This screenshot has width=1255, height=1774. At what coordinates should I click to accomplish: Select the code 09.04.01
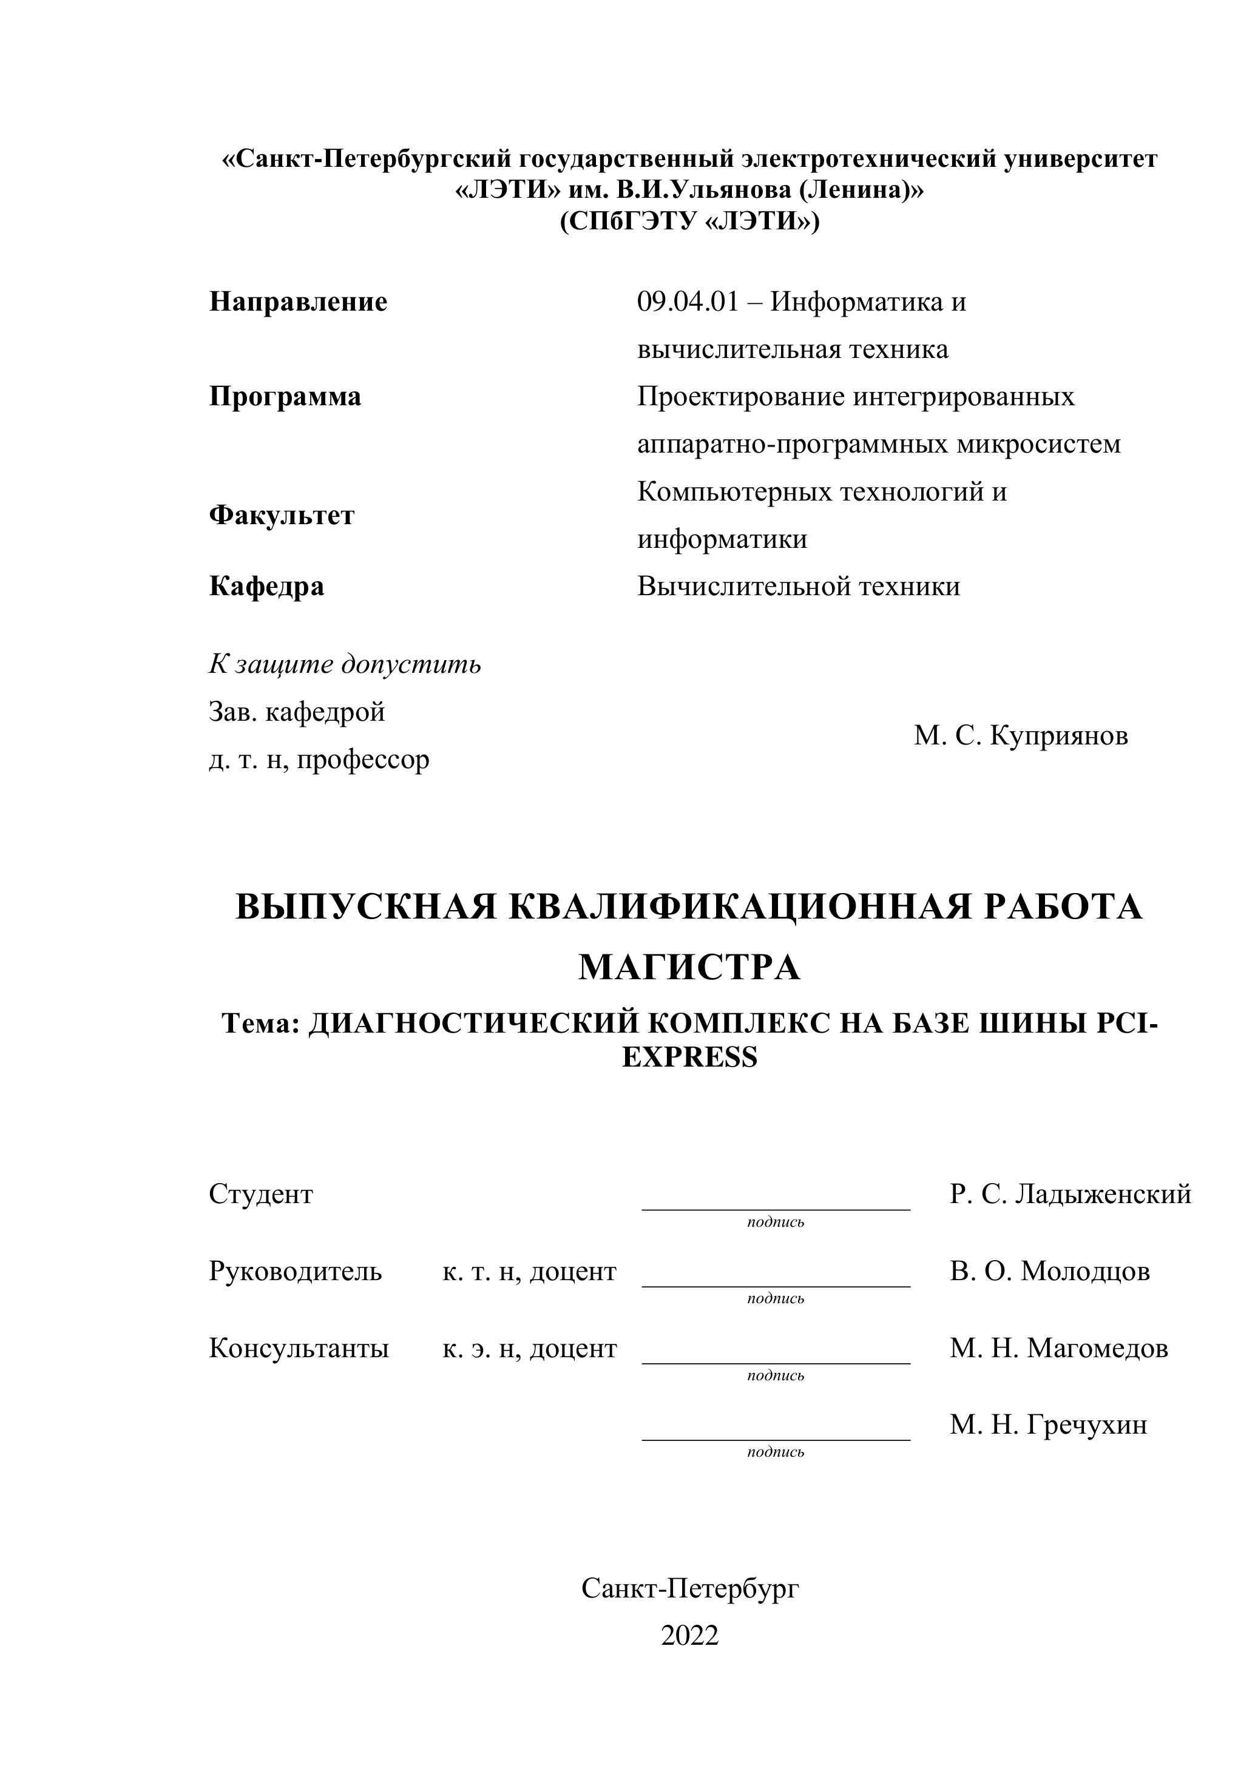point(687,302)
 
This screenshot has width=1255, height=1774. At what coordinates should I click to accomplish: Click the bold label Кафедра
point(266,587)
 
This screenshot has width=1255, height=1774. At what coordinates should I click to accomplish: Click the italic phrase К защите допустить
point(344,664)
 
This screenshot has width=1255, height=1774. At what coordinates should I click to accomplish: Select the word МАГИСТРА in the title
point(689,966)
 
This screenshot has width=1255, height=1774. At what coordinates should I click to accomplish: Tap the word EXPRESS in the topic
point(689,1057)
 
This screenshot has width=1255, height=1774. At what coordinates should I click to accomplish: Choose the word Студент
point(260,1195)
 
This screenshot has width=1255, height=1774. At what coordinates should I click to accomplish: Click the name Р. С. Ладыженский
point(1071,1195)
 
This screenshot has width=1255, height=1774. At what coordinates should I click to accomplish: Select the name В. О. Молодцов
point(1049,1271)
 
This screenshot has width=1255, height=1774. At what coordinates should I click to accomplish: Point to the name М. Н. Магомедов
point(1059,1348)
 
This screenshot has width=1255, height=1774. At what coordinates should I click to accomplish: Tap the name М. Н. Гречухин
point(1048,1425)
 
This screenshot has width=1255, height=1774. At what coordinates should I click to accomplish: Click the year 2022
point(689,1636)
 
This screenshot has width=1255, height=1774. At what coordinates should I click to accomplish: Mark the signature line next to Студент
point(776,1209)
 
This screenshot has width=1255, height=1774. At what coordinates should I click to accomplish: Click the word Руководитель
point(294,1271)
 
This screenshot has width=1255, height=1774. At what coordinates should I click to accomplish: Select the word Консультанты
point(299,1348)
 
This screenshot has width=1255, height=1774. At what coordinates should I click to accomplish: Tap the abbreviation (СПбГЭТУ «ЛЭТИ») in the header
point(689,222)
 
